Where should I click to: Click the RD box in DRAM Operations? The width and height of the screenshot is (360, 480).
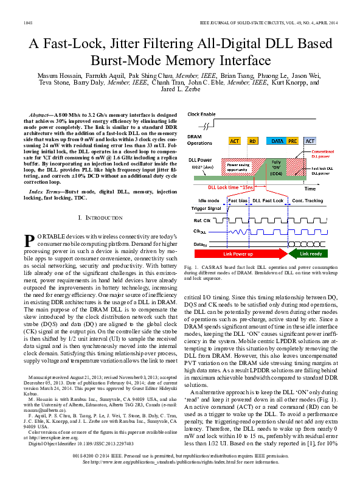tap(252, 141)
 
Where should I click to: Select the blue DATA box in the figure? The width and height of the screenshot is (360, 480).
tap(279, 141)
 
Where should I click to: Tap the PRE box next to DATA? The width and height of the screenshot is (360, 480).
tap(294, 141)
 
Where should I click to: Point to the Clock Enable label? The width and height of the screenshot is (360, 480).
tap(201, 114)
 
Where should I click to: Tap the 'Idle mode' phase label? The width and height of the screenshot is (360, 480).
tap(209, 200)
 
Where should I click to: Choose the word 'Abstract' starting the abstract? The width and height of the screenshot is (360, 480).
tap(40, 114)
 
